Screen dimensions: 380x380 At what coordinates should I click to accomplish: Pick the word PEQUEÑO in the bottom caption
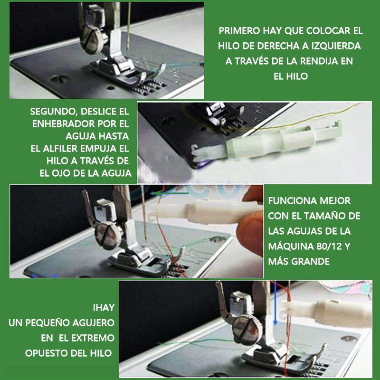coord(47,323)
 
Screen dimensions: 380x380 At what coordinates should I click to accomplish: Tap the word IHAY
coord(104,308)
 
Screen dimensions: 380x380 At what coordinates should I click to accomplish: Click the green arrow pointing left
coord(169,193)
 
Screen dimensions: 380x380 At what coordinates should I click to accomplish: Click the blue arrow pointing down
coord(275,304)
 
